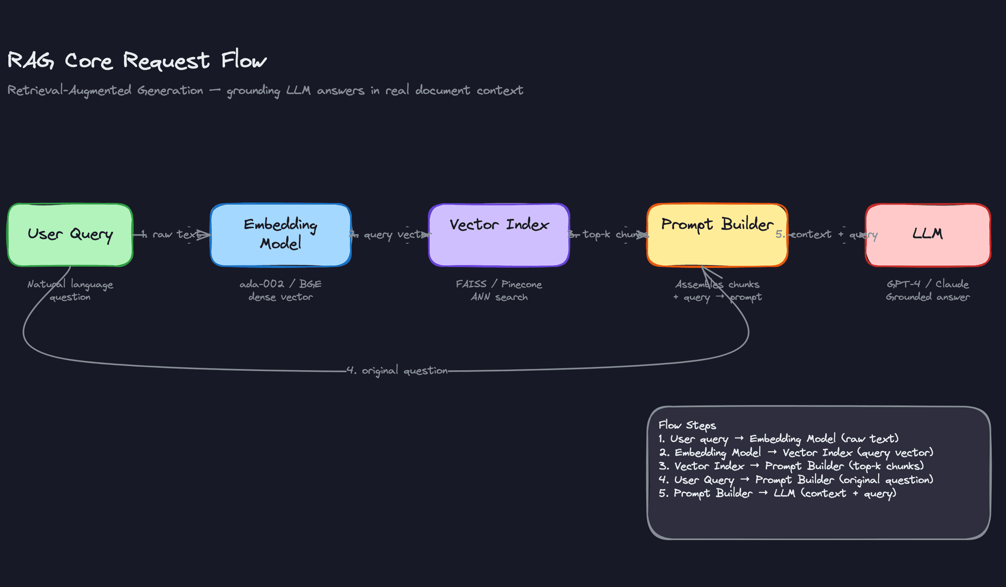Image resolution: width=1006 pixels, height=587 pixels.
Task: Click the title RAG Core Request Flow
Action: pyautogui.click(x=137, y=61)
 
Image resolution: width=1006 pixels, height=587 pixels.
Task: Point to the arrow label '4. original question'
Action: pyautogui.click(x=397, y=371)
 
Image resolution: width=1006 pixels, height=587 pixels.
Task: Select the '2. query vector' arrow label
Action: pyautogui.click(x=390, y=234)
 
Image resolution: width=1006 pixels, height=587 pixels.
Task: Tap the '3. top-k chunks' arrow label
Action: pyautogui.click(x=608, y=234)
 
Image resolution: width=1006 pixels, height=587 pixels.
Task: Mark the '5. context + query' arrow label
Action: pyautogui.click(x=826, y=234)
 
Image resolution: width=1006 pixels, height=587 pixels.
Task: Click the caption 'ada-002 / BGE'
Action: pyautogui.click(x=280, y=284)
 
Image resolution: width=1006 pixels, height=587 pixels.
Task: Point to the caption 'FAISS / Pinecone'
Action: pyautogui.click(x=499, y=284)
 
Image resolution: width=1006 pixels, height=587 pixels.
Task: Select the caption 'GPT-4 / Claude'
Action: pyautogui.click(x=927, y=284)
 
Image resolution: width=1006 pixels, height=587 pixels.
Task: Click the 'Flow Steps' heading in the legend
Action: pyautogui.click(x=687, y=425)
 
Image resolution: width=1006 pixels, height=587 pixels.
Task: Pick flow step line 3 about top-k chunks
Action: pyautogui.click(x=791, y=466)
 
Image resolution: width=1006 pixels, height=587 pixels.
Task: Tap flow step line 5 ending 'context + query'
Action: pyautogui.click(x=778, y=493)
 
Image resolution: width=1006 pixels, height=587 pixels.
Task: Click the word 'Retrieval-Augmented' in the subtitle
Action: pyautogui.click(x=69, y=91)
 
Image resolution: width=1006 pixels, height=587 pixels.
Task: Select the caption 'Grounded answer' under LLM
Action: pyautogui.click(x=927, y=297)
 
